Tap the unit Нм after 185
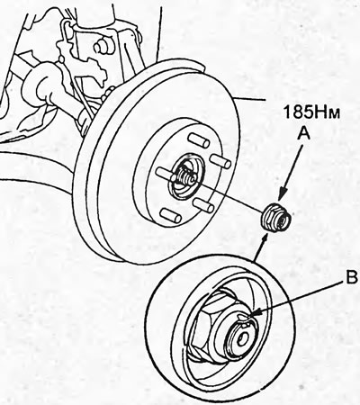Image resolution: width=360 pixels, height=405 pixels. click(x=327, y=112)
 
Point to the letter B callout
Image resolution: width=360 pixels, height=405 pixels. click(x=350, y=277)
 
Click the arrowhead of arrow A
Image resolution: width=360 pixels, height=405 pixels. click(x=281, y=195)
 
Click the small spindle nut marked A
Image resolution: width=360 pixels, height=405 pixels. click(x=275, y=218)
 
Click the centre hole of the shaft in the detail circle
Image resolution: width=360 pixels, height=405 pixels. click(x=242, y=338)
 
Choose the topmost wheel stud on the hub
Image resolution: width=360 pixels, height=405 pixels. click(x=198, y=140)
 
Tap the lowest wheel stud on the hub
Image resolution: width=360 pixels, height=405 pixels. click(x=171, y=216)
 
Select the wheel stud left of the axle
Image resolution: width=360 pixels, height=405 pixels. click(x=165, y=174)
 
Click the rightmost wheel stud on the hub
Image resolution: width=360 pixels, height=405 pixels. click(x=220, y=161)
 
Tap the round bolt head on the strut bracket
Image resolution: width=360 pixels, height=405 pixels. click(x=101, y=47)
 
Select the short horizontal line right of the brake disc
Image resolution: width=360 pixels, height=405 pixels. click(x=249, y=99)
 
